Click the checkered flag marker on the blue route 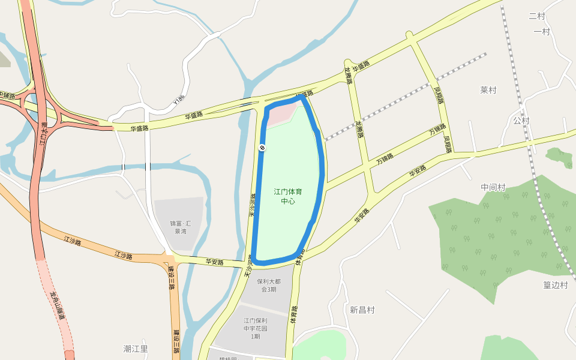coord(262,148)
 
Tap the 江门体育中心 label coord(288,196)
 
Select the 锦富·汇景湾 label coord(178,227)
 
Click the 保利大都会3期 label coord(268,286)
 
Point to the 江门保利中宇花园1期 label coord(256,328)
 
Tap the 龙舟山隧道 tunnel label coord(61,306)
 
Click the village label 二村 coord(537,16)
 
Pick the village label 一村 coord(541,32)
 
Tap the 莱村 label coord(488,90)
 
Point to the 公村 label coord(521,121)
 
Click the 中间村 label coord(493,187)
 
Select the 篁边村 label coord(556,285)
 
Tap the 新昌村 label coord(362,310)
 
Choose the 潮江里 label coord(136,349)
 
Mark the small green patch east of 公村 coord(559,158)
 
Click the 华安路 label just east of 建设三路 coord(214,262)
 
